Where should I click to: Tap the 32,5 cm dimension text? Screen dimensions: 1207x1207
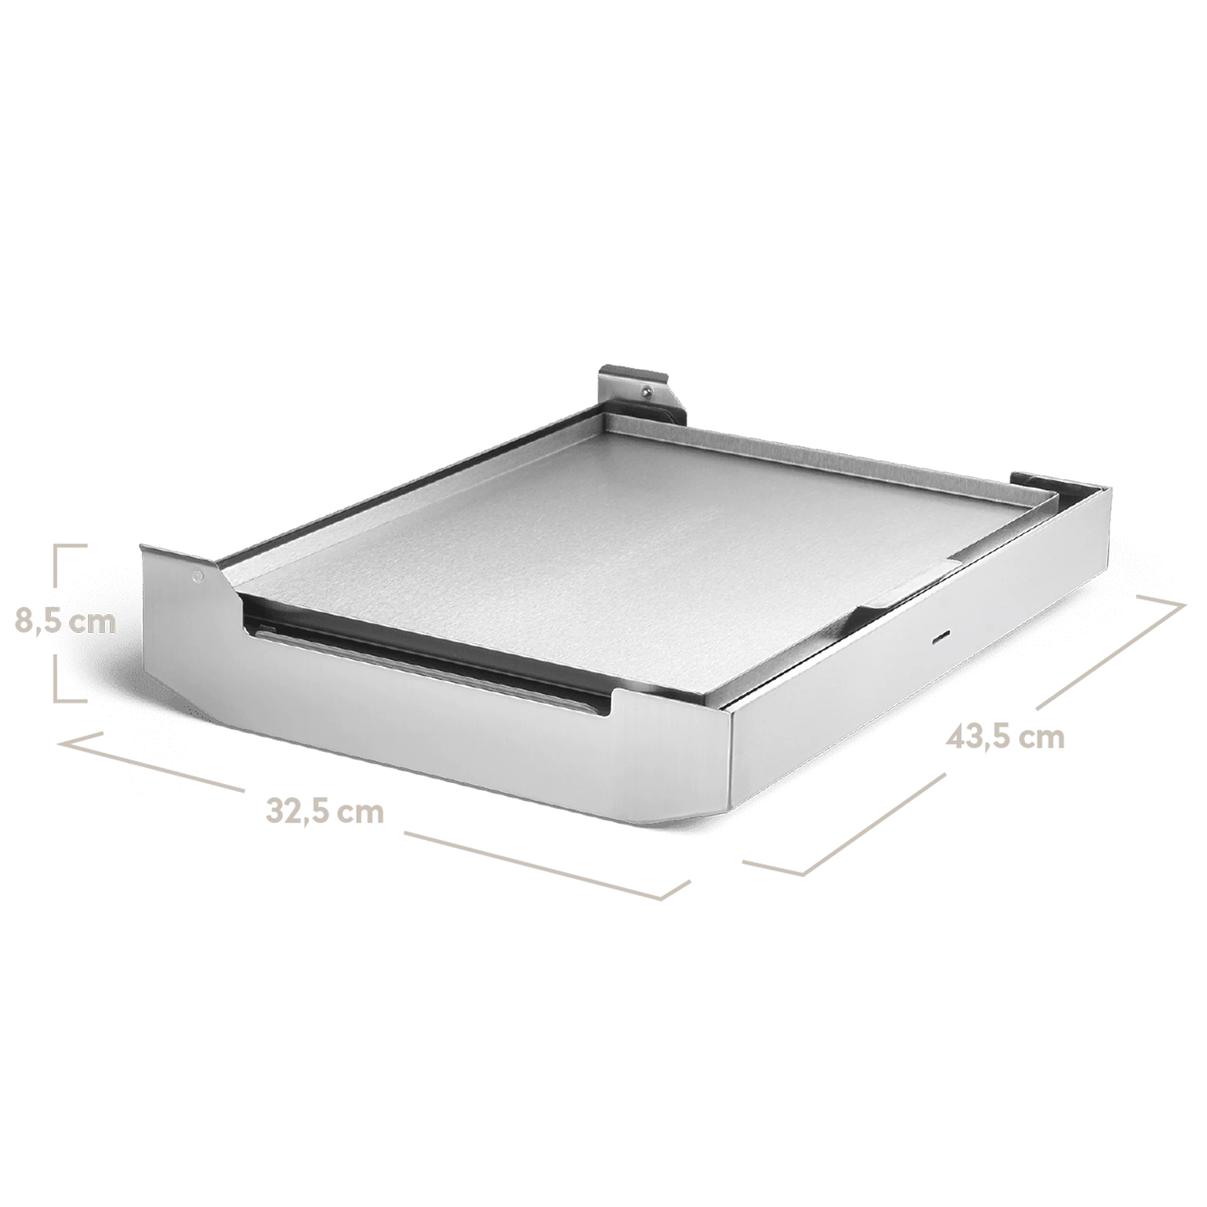click(324, 812)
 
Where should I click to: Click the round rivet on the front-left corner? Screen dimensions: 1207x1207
click(198, 575)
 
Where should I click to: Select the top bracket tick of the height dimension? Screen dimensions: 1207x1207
click(71, 545)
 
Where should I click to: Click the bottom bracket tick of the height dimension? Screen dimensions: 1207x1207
click(71, 700)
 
